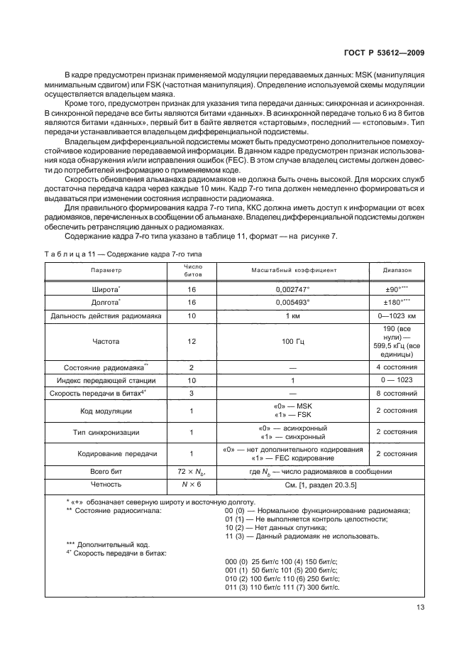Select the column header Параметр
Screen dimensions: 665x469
tap(106, 271)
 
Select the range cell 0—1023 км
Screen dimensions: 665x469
tap(395, 315)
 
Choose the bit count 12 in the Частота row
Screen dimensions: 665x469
tap(192, 341)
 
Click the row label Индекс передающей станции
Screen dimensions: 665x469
tap(106, 381)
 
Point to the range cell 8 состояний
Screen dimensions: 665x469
tap(395, 393)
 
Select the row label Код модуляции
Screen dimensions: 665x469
tap(106, 411)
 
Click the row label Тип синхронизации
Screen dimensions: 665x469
tap(106, 431)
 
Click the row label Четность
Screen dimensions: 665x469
tap(106, 484)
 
